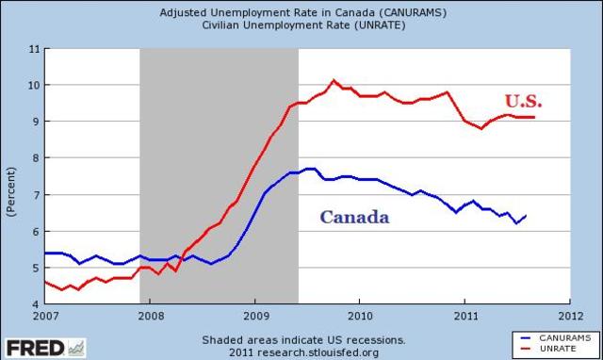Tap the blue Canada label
click(354, 217)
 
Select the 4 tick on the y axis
click(35, 305)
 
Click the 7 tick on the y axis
click(35, 195)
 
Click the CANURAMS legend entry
click(556, 337)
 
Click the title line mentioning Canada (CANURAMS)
click(302, 12)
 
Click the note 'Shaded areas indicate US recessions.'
click(302, 339)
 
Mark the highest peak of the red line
click(334, 80)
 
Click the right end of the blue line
click(526, 215)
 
